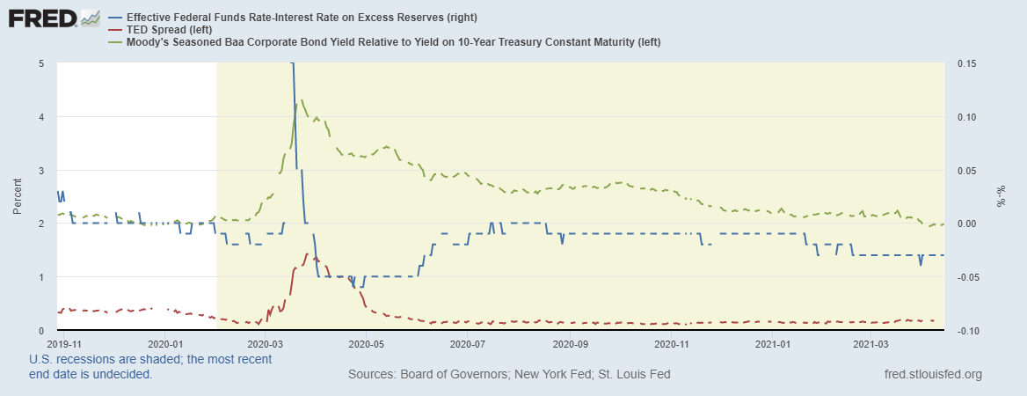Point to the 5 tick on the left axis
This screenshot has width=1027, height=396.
(41, 63)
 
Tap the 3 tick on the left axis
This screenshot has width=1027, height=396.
(41, 170)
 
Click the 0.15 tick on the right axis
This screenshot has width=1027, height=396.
(960, 63)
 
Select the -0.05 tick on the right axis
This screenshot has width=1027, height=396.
(960, 277)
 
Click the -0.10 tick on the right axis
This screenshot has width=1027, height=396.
(960, 331)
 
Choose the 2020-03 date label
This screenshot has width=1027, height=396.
(265, 344)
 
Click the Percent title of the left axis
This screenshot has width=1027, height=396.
(18, 197)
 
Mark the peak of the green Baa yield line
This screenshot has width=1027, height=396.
(302, 100)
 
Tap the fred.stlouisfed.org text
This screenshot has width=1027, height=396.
(934, 374)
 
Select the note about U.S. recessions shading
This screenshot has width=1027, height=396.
(149, 366)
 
